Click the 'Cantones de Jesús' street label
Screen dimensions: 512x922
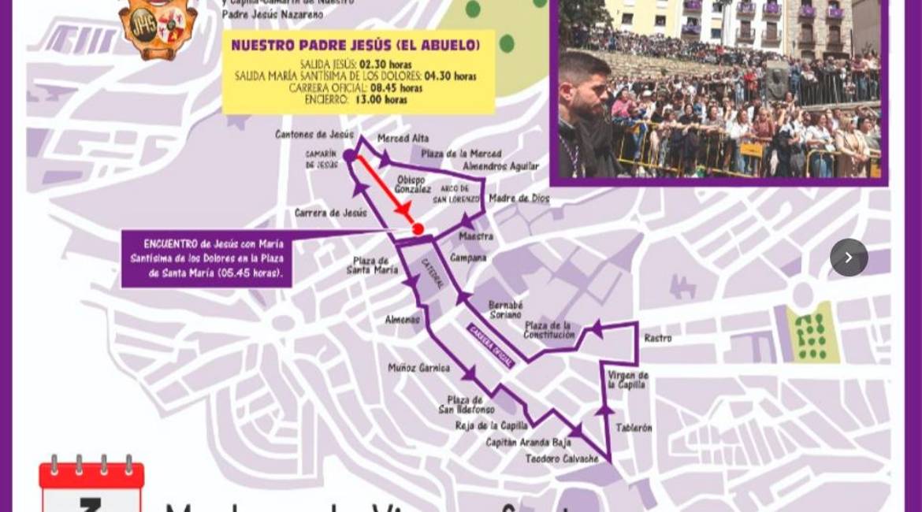[314, 135]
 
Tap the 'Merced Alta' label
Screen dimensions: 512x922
[403, 139]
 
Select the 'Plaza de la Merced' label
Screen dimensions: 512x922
[461, 154]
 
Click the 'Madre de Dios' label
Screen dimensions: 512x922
[519, 198]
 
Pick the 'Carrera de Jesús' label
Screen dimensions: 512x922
[331, 213]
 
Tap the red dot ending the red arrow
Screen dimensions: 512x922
[418, 229]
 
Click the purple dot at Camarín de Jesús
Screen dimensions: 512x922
[350, 156]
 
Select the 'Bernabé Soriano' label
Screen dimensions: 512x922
[505, 310]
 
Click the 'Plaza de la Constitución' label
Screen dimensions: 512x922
[549, 330]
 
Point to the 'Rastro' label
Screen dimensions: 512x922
[657, 338]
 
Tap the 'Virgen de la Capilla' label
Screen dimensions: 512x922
[628, 380]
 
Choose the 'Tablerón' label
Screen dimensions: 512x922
[634, 428]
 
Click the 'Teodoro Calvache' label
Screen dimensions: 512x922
[562, 458]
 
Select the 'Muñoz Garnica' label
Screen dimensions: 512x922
[418, 368]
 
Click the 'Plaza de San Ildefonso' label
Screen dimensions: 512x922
[467, 405]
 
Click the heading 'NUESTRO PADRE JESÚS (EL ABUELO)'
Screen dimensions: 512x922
[355, 46]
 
